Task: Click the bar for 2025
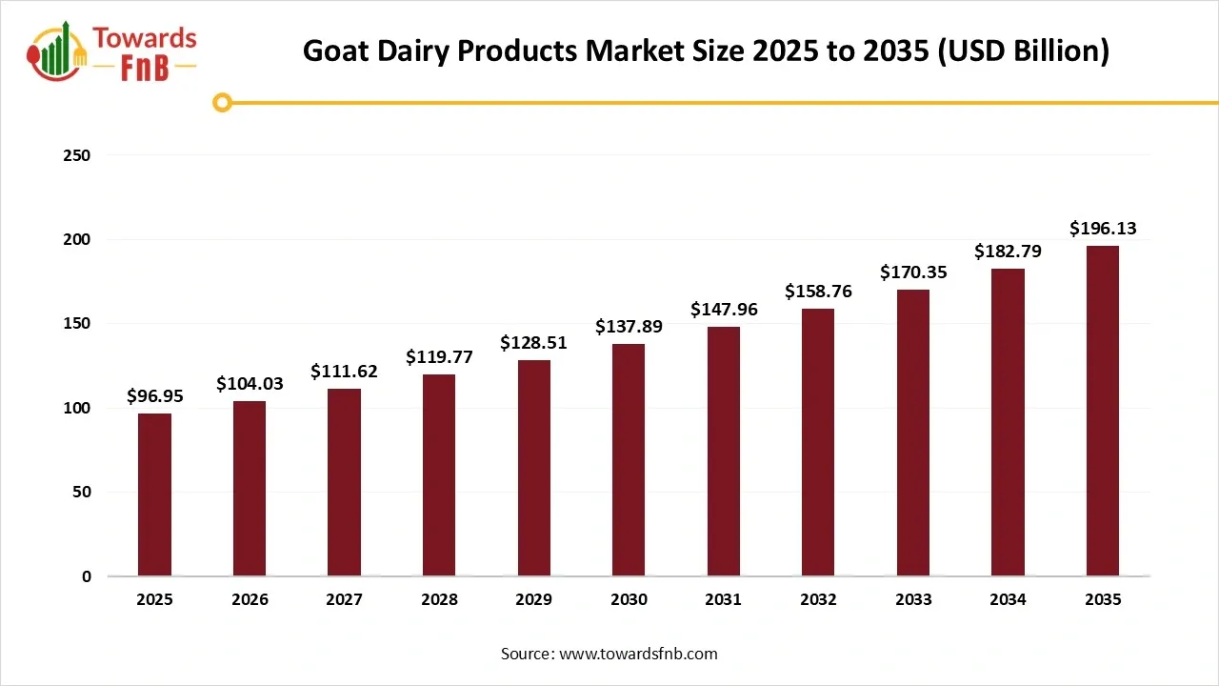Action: pos(154,494)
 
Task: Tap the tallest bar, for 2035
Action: pos(1103,411)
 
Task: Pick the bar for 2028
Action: pos(439,475)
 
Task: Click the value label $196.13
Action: pos(1103,229)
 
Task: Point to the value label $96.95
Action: pos(154,395)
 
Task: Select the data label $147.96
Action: pos(723,310)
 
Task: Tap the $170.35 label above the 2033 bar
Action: pos(912,272)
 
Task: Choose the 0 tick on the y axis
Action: pos(87,576)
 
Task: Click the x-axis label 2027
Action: pos(344,600)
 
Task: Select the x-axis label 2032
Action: pos(818,600)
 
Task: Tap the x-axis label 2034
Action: pos(1008,600)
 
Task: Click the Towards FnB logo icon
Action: pos(57,52)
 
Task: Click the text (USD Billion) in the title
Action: pos(1023,50)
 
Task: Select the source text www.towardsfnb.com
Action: pos(638,654)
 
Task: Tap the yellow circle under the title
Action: pos(223,102)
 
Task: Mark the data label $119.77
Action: pos(439,357)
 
